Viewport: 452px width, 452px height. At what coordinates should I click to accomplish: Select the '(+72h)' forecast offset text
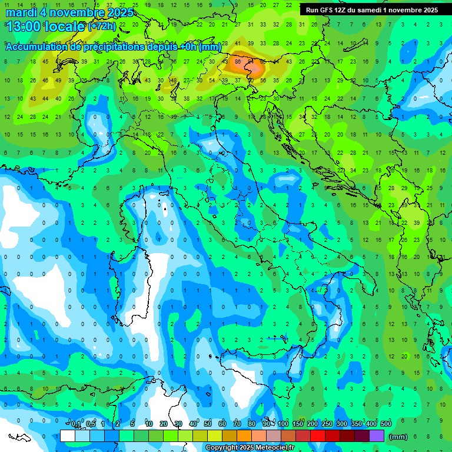tap(102, 26)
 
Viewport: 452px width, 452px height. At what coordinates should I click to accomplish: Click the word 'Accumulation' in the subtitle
tap(35, 47)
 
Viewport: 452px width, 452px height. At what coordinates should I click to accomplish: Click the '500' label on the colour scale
tap(386, 424)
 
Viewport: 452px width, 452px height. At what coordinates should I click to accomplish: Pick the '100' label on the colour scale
tap(283, 424)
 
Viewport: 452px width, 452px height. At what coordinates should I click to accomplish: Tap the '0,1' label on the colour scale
tap(76, 424)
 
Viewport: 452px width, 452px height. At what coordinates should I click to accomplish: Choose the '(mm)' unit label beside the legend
tap(398, 436)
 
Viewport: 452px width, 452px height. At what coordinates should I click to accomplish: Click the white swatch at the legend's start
tap(68, 436)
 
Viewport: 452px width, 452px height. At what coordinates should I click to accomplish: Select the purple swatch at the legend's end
tap(376, 436)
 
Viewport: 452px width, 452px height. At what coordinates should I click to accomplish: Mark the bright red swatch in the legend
tap(318, 436)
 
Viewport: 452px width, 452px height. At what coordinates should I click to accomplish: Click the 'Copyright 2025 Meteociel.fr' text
tap(250, 448)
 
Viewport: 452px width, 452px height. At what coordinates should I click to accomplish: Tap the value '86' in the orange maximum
tap(238, 61)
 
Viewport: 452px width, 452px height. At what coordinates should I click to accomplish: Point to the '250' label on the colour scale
tap(327, 424)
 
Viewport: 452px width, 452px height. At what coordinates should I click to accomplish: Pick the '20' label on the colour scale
tap(164, 424)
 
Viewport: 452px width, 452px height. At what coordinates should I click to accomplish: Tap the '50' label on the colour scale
tap(208, 424)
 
